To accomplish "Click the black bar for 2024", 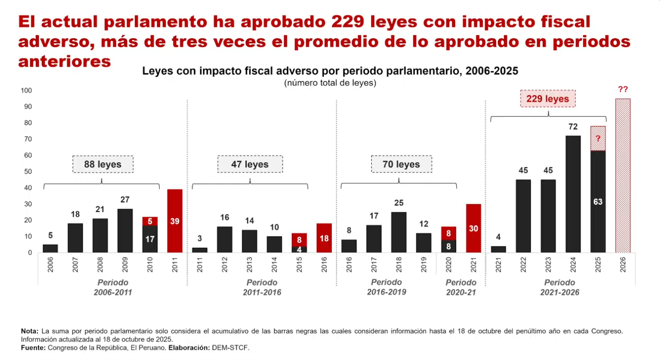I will coord(573,194).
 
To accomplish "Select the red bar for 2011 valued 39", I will coord(175,221).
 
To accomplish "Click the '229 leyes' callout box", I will coord(547,99).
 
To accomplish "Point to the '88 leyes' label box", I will coord(102,164).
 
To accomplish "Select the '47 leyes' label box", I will coord(250,164).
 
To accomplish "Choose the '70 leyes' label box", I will coord(401,164).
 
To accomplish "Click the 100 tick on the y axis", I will coord(26,91).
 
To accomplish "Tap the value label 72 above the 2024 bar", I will coord(573,126).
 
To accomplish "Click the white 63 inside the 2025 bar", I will coord(598,202).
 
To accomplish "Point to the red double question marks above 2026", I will coord(623,90).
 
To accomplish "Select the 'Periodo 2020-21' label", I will coord(461,287).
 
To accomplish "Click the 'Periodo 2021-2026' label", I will coord(559,287).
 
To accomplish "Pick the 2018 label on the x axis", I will coord(399,265).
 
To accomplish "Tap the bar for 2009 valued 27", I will coord(125,230).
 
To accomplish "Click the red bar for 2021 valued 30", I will coord(474,228).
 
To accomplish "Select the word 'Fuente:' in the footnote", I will coord(33,348).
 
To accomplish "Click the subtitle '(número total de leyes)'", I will coord(330,83).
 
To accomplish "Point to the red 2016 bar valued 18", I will coord(324,238).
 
